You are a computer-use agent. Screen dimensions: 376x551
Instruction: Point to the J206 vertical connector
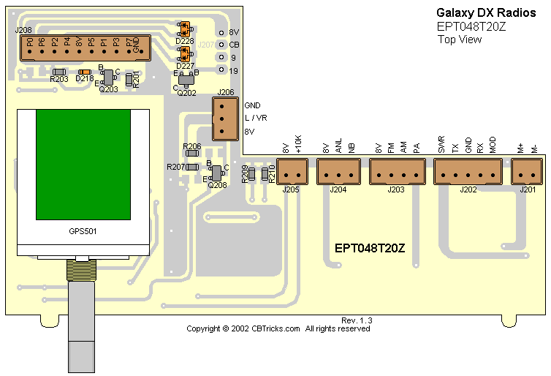click(224, 118)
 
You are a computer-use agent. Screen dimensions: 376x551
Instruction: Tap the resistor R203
click(59, 72)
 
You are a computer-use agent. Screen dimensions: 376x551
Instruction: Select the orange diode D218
click(84, 72)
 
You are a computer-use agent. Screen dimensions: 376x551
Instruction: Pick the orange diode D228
click(184, 29)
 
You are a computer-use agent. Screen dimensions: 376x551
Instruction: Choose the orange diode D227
click(184, 53)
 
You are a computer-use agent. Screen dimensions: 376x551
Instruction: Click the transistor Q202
click(186, 79)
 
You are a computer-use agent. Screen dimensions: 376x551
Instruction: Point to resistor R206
click(192, 155)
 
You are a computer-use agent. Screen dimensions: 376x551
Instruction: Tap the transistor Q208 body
click(216, 172)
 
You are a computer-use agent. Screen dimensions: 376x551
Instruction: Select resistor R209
click(251, 174)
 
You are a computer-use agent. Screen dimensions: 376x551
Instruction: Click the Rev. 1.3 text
click(357, 321)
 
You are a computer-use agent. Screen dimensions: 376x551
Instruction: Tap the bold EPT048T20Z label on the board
click(380, 248)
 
